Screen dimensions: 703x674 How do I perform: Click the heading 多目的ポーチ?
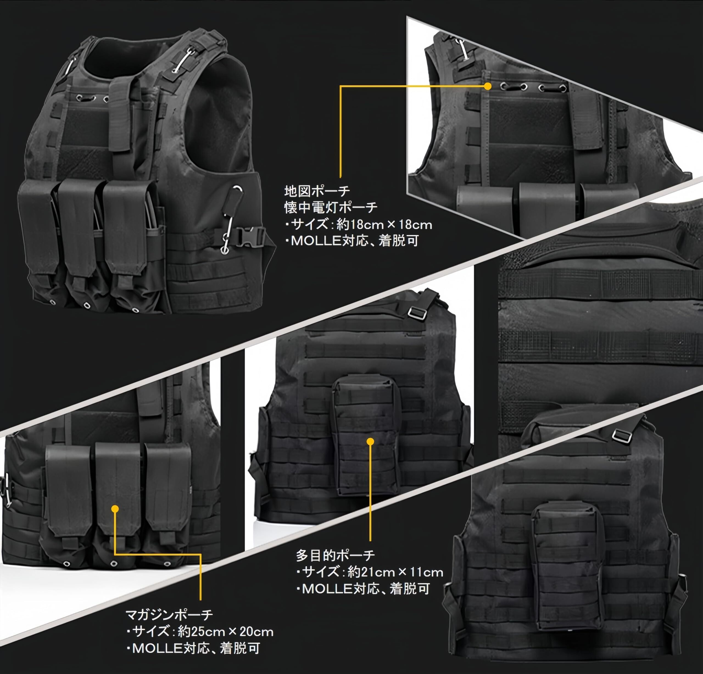335,555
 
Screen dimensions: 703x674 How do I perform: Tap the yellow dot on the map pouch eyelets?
487,86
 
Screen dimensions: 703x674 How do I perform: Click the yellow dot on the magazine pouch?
115,509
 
